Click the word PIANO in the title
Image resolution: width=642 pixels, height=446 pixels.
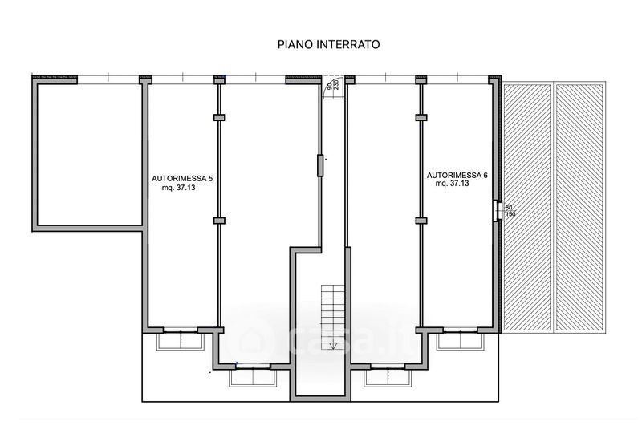coord(294,45)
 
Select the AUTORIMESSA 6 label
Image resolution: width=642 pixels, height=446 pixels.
coord(457,174)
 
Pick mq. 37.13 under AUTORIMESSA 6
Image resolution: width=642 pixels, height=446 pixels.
coord(453,184)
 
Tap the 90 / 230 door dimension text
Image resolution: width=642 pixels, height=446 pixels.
coord(330,87)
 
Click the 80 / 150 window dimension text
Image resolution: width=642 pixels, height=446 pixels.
coord(509,211)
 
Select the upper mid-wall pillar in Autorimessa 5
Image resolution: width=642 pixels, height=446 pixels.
coord(219,118)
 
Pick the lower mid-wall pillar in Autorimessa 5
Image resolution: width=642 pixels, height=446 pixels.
coord(219,219)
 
